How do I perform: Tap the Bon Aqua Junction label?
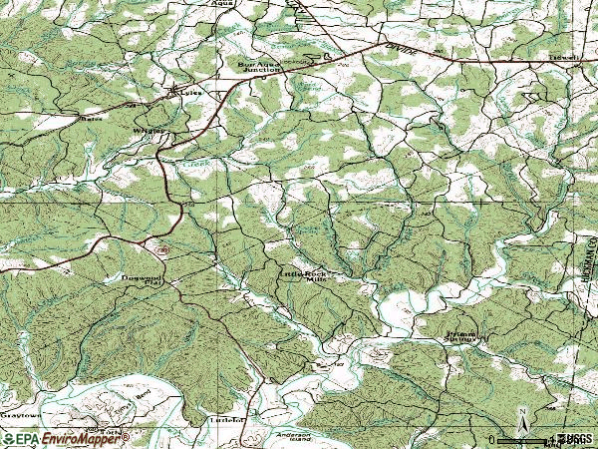click(260, 68)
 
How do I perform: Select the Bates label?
click(91, 117)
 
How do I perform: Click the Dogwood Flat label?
click(140, 280)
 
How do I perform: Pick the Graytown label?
click(18, 413)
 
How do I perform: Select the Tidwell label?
click(565, 58)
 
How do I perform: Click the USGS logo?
click(577, 439)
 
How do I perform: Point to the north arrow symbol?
click(521, 416)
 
